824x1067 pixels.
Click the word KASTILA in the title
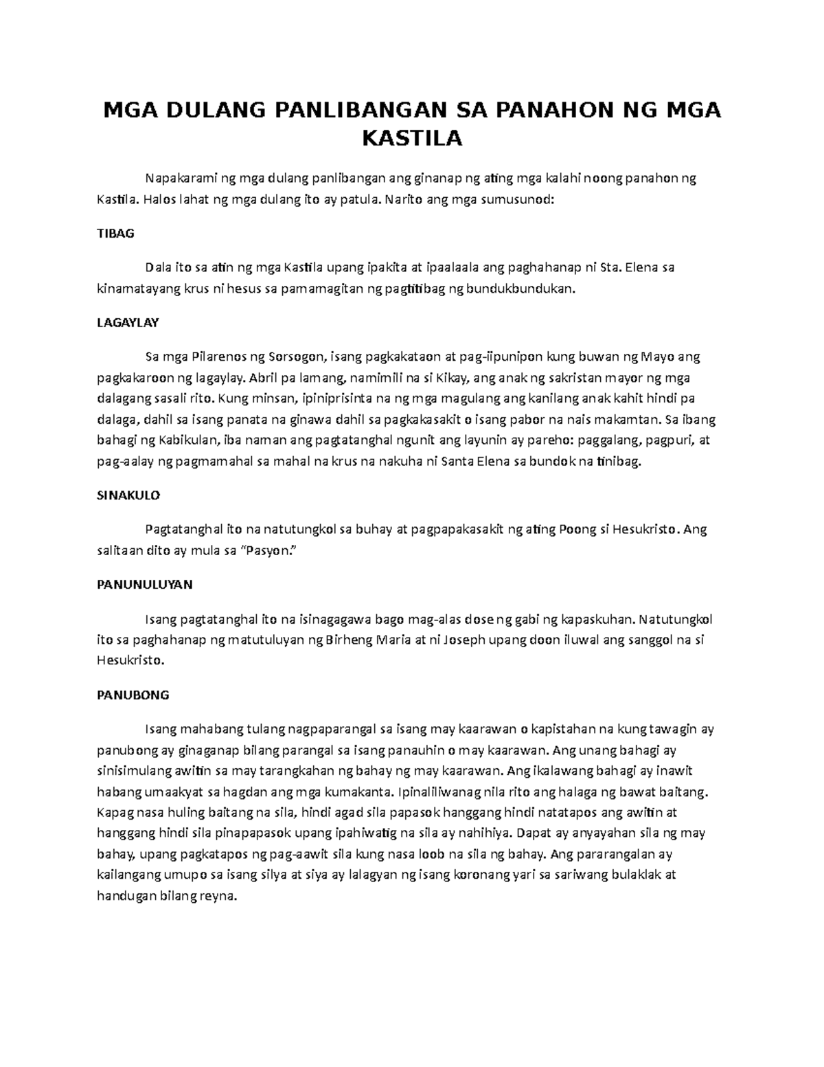click(412, 139)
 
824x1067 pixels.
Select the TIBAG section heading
click(115, 234)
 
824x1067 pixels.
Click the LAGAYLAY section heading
click(128, 323)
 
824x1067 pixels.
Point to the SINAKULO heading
click(128, 495)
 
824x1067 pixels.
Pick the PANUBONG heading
click(133, 695)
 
